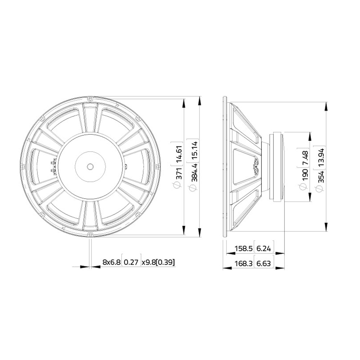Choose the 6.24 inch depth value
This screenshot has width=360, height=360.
point(265,248)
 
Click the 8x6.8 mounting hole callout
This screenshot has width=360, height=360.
point(111,262)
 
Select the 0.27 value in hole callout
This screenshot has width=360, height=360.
point(131,262)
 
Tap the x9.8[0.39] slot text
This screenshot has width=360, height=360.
point(158,262)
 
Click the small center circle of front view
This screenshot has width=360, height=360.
point(90,166)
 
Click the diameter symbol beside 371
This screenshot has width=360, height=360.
point(176,185)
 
